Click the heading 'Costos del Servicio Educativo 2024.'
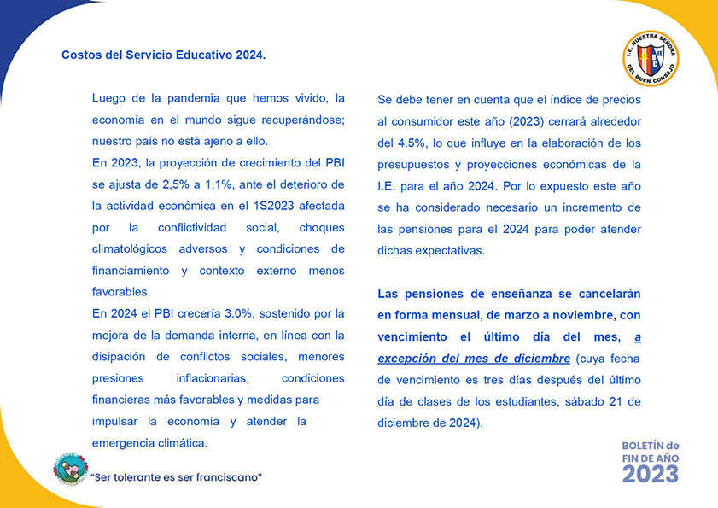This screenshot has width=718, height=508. pyautogui.click(x=163, y=55)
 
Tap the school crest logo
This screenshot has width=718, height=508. pyautogui.click(x=651, y=59)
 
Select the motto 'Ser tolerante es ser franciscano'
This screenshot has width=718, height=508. pyautogui.click(x=176, y=476)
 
